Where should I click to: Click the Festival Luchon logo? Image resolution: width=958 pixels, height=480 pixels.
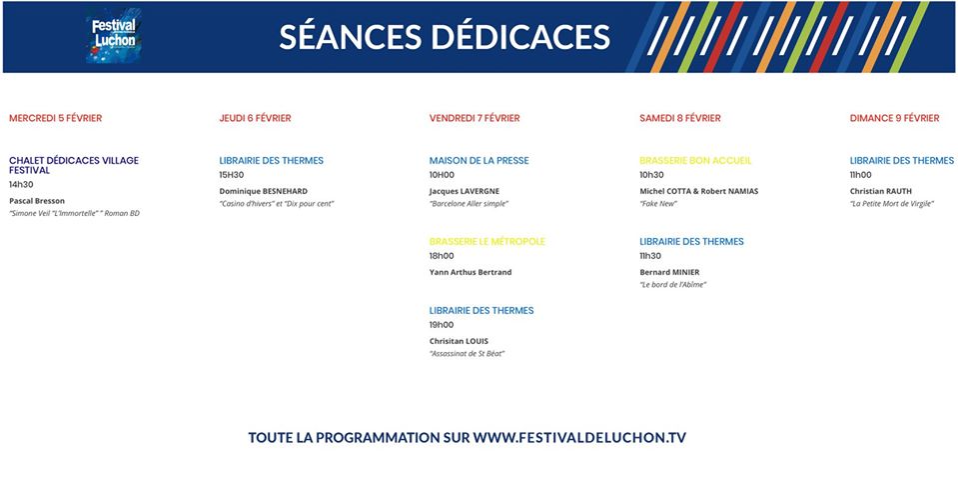[x=114, y=35]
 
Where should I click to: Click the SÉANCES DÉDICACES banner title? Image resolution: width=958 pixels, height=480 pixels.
[x=445, y=37]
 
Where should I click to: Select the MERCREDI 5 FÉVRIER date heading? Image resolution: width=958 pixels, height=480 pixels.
[x=56, y=118]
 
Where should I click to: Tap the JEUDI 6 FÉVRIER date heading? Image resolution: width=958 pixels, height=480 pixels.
[x=256, y=118]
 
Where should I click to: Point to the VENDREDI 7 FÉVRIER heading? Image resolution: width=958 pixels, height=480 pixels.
[x=475, y=118]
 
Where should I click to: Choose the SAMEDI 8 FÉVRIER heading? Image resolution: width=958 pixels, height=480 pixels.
[x=680, y=118]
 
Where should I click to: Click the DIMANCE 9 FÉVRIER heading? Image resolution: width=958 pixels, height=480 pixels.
[x=894, y=118]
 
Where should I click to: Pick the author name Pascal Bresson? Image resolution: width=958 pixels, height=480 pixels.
[x=37, y=201]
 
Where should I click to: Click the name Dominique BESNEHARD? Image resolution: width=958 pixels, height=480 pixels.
[x=264, y=191]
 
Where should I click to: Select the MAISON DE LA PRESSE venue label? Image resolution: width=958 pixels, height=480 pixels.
[x=479, y=161]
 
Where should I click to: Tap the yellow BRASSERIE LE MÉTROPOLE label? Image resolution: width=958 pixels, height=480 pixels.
[x=486, y=242]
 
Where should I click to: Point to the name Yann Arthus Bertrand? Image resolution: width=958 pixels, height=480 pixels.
[x=471, y=272]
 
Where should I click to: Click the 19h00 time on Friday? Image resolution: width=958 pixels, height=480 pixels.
[x=442, y=325]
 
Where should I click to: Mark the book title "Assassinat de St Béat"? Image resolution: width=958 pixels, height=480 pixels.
[x=468, y=353]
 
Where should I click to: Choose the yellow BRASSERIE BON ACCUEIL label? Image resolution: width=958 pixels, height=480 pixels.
[x=695, y=161]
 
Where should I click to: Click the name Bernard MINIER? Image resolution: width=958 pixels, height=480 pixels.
[x=669, y=272]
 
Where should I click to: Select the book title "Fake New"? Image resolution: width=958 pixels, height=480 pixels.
[x=658, y=204]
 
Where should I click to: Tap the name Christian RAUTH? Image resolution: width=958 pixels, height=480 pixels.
[x=880, y=191]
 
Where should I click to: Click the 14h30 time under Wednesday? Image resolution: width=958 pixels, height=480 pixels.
[x=21, y=184]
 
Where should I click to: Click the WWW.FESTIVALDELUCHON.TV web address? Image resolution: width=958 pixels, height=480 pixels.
[x=579, y=438]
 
